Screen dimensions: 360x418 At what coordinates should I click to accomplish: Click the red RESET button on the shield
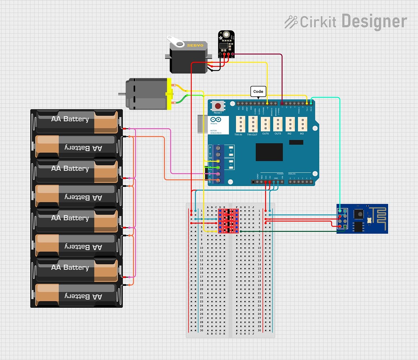pyautogui.click(x=218, y=106)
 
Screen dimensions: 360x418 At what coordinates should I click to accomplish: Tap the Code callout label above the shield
pyautogui.click(x=258, y=91)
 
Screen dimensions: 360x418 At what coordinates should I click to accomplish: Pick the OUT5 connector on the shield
pyautogui.click(x=278, y=124)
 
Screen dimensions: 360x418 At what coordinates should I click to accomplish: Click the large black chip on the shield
pyautogui.click(x=269, y=152)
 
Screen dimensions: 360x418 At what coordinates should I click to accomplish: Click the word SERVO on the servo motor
pyautogui.click(x=195, y=45)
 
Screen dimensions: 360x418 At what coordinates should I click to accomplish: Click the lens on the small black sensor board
pyautogui.click(x=226, y=35)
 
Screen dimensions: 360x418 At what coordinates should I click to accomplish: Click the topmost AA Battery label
pyautogui.click(x=70, y=119)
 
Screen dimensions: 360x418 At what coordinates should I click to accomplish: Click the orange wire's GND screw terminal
pyautogui.click(x=218, y=180)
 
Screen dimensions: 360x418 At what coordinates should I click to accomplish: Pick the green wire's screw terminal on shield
pyautogui.click(x=218, y=167)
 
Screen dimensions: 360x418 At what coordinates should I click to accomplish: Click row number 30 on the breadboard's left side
pyautogui.click(x=201, y=330)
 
